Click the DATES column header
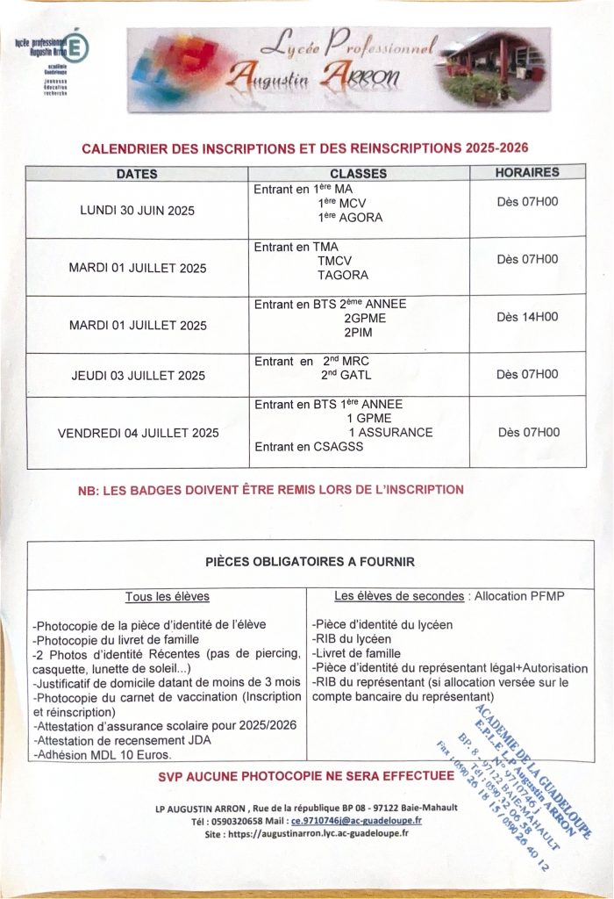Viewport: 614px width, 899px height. [137, 175]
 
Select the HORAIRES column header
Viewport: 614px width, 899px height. [527, 173]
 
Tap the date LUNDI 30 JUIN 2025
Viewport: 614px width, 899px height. [138, 211]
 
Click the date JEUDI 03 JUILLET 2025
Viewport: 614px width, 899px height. [138, 376]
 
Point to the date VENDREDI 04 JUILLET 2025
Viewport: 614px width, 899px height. [138, 433]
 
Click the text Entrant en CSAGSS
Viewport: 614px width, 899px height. [308, 447]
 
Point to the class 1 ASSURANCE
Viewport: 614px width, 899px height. [390, 432]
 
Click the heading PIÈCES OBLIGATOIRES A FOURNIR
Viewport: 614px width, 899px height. [310, 560]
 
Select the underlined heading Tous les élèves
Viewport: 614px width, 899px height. [167, 596]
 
